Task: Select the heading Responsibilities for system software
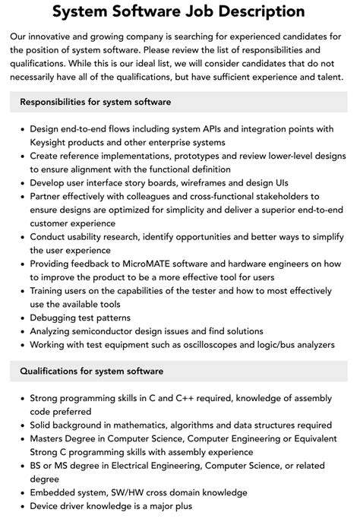pos(95,101)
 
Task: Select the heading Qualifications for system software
pos(91,371)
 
